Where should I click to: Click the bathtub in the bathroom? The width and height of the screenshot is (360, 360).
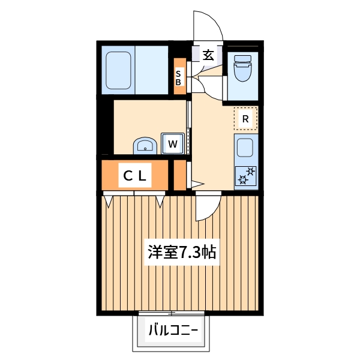pyautogui.click(x=118, y=70)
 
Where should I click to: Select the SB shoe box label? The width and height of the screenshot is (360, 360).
pyautogui.click(x=179, y=77)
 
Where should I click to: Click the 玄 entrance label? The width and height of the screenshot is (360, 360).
pyautogui.click(x=208, y=55)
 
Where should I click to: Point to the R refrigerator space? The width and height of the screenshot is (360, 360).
pyautogui.click(x=245, y=119)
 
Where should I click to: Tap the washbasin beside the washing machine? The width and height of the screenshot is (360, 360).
pyautogui.click(x=145, y=145)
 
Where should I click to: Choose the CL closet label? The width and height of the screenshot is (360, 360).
pyautogui.click(x=134, y=176)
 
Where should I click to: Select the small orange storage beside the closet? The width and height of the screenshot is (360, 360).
pyautogui.click(x=179, y=175)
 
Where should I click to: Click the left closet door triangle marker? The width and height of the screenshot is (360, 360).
pyautogui.click(x=108, y=200)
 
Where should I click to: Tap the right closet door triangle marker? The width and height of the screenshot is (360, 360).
pyautogui.click(x=160, y=200)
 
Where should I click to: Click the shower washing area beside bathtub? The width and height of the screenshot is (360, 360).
pyautogui.click(x=154, y=70)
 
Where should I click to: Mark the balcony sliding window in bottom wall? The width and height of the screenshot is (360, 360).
pyautogui.click(x=172, y=313)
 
